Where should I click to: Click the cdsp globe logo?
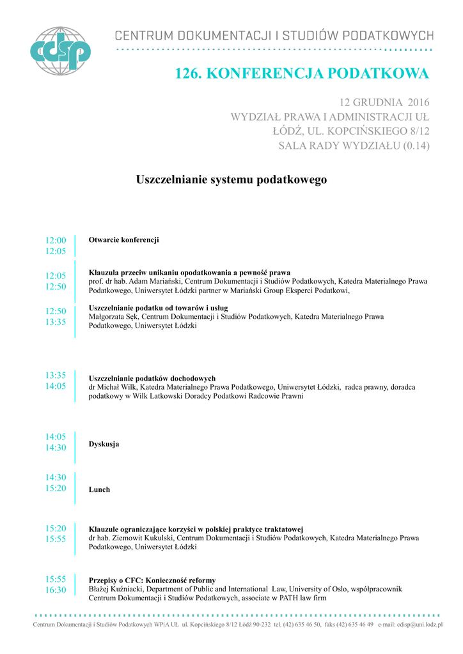click(x=61, y=51)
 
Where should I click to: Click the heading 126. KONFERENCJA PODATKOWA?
click(x=302, y=74)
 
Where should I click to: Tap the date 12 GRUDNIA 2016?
click(x=384, y=102)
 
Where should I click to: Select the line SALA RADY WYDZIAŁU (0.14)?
click(x=354, y=146)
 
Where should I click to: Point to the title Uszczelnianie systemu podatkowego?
click(x=231, y=180)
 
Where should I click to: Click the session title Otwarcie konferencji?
click(x=123, y=240)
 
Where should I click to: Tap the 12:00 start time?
click(x=56, y=241)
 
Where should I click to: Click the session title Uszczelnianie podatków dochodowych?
click(x=152, y=378)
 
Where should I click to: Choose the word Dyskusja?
click(x=104, y=444)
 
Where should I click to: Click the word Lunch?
click(x=99, y=489)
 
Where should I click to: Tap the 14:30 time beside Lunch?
click(x=56, y=478)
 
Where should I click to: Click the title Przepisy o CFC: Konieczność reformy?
click(x=152, y=580)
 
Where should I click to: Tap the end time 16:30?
click(x=56, y=590)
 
